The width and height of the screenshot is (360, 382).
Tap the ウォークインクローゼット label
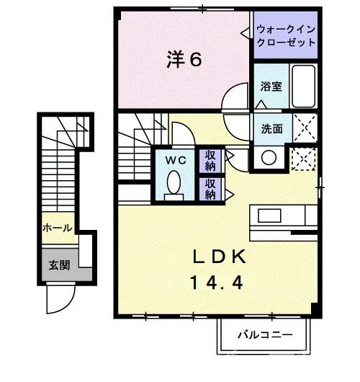[x=286, y=36]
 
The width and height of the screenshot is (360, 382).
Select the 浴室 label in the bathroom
[x=271, y=85]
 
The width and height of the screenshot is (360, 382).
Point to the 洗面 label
[x=271, y=130]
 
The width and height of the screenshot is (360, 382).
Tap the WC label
[x=176, y=160]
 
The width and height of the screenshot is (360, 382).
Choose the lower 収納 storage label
[x=210, y=188]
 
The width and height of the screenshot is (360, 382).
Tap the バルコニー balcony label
[x=266, y=335]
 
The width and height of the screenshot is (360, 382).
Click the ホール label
[x=57, y=228]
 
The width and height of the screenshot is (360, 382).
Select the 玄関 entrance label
[x=59, y=265]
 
